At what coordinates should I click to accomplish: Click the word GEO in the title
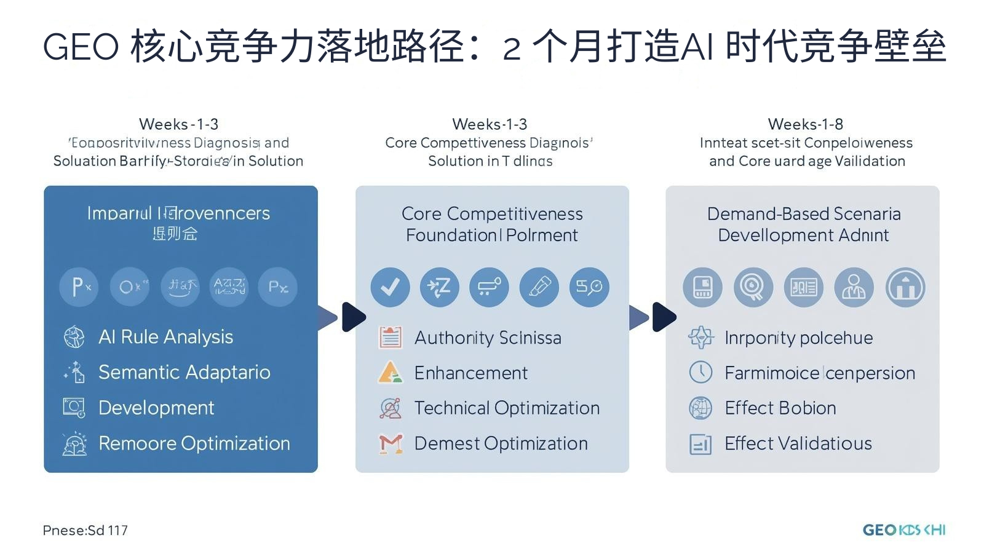click(x=80, y=47)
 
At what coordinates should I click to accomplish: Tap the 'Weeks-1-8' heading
click(x=805, y=124)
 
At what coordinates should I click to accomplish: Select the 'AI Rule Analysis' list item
click(x=165, y=337)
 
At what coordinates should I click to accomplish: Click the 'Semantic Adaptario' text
click(x=184, y=372)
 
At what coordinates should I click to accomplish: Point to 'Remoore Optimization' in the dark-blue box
click(x=194, y=443)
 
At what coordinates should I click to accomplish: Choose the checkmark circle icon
click(x=390, y=287)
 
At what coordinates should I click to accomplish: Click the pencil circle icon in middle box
click(x=539, y=287)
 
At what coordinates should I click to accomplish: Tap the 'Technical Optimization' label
click(x=507, y=408)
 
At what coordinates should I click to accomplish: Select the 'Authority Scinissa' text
click(x=487, y=338)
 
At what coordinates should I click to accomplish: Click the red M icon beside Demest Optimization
click(x=391, y=443)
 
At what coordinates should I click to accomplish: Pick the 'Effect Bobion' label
click(x=780, y=408)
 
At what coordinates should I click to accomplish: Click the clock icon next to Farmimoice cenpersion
click(x=700, y=373)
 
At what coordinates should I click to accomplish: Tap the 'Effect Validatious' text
click(x=798, y=443)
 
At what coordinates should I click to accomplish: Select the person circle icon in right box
click(x=854, y=287)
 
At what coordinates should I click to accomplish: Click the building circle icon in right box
click(x=905, y=287)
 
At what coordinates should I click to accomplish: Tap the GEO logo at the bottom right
click(x=903, y=530)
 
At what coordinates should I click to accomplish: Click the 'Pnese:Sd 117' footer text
click(x=85, y=530)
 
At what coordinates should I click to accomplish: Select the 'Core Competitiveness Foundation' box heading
click(x=492, y=224)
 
